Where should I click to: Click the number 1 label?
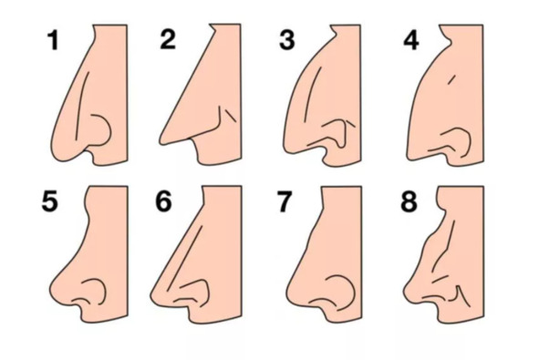(53, 40)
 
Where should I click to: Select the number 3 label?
(287, 39)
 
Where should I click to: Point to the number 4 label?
(411, 40)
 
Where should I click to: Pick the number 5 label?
(49, 201)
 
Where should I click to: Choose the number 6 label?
(163, 201)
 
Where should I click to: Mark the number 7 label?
(284, 201)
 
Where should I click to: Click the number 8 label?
(409, 201)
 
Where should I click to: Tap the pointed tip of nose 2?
(161, 141)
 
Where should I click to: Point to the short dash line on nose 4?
(452, 79)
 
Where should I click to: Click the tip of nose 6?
(152, 295)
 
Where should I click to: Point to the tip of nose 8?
(405, 292)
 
